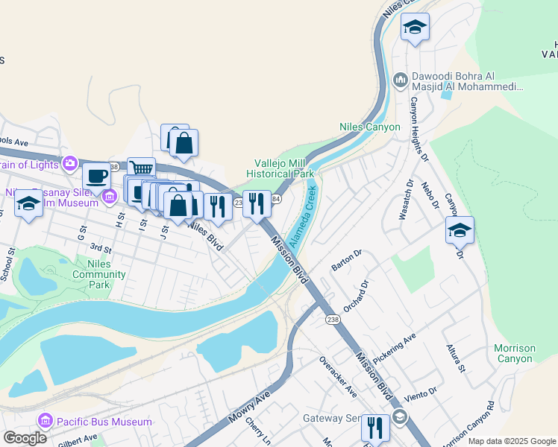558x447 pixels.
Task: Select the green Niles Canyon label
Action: pos(369,127)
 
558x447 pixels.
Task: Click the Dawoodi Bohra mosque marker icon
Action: pos(401,78)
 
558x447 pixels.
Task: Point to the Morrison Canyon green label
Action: pos(515,353)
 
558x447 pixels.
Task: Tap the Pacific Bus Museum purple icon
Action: pos(45,422)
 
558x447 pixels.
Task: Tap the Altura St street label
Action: pos(455,358)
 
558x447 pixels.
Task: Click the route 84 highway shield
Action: pos(276,199)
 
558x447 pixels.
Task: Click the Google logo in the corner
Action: pos(25,437)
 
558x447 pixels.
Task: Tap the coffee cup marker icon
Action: pos(96,177)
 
